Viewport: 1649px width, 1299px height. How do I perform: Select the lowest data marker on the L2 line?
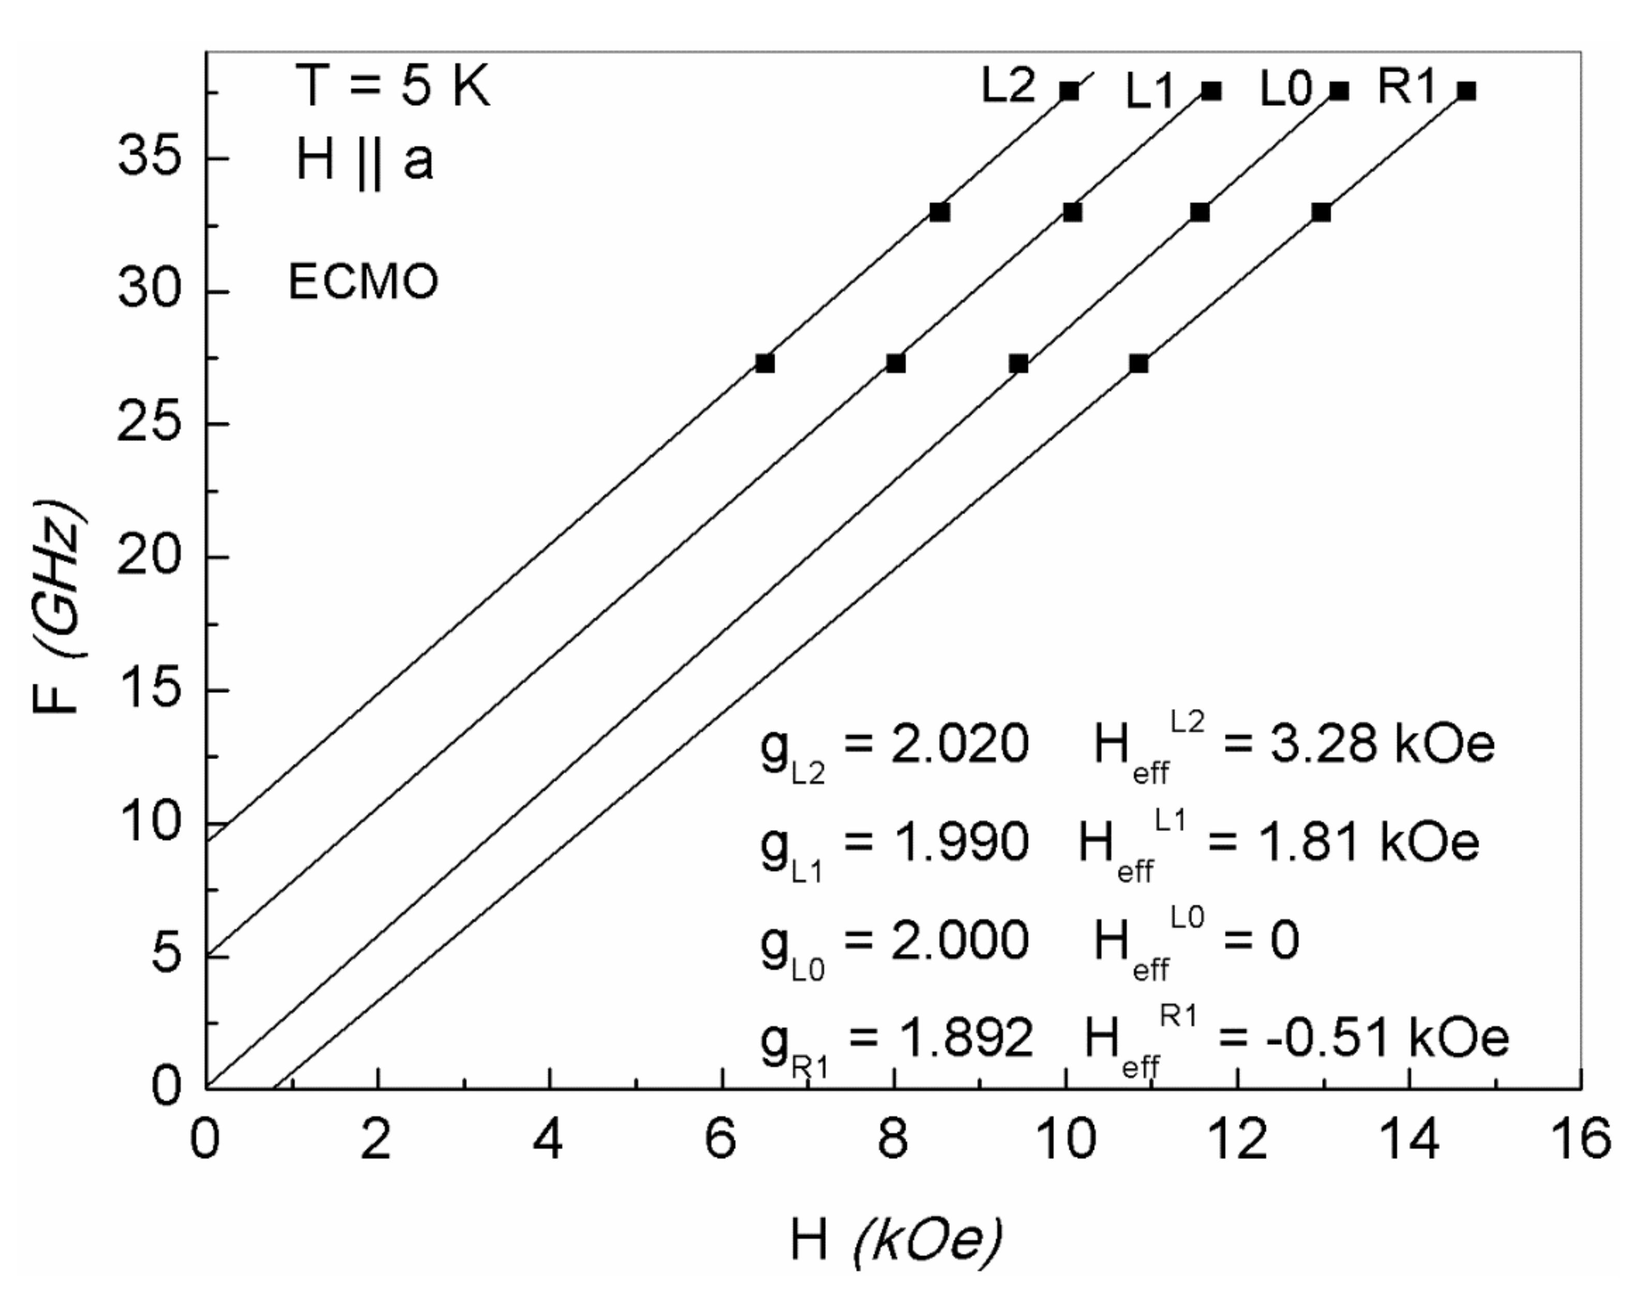pyautogui.click(x=764, y=364)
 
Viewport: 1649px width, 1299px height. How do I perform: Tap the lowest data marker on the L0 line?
pyautogui.click(x=1018, y=364)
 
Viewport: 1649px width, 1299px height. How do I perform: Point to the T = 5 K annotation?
pyautogui.click(x=393, y=87)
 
